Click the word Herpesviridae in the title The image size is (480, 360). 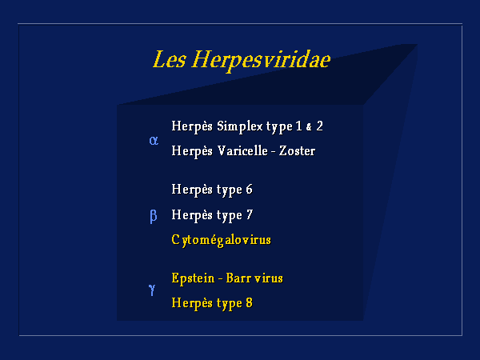tap(261, 60)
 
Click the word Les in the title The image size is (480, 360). tap(169, 59)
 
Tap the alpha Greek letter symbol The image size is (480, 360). tap(154, 141)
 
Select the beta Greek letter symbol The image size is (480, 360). tap(154, 217)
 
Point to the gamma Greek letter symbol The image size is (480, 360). tap(152, 290)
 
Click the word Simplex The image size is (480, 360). tap(240, 126)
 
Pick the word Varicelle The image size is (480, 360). tap(242, 151)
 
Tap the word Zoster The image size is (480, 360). tap(297, 151)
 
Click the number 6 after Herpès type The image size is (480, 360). tap(249, 189)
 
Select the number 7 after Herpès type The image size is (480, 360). tap(250, 214)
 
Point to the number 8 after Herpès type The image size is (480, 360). tap(249, 302)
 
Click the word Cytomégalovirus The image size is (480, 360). tap(221, 240)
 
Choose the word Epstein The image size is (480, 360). tap(193, 278)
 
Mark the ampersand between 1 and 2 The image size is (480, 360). tap(309, 127)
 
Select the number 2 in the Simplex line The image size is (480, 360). tap(319, 126)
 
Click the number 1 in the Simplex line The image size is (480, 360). tap(298, 126)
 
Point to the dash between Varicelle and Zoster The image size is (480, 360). tap(273, 151)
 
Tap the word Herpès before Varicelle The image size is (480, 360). tap(192, 151)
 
